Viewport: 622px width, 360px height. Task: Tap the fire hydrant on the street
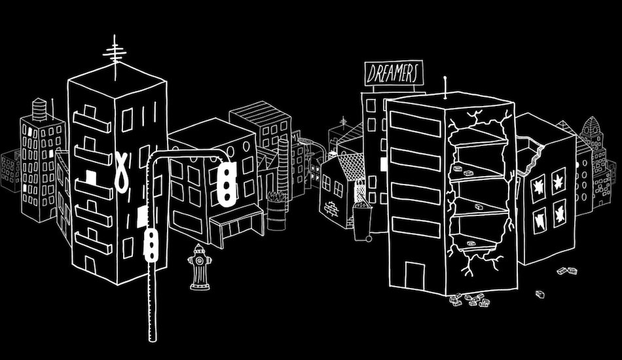coord(199,266)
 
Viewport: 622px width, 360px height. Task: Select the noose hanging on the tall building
coord(122,169)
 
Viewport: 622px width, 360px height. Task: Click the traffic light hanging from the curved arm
coord(227,183)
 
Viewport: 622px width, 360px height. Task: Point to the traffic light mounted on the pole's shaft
coord(152,243)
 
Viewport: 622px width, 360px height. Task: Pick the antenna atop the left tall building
coord(116,56)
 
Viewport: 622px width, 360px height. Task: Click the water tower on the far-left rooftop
coord(41,108)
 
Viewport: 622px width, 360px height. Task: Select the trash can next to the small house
coord(361,221)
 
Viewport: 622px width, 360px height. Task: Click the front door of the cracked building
coord(415,275)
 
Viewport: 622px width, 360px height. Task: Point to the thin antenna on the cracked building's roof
coord(446,88)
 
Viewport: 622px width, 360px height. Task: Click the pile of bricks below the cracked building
coord(471,300)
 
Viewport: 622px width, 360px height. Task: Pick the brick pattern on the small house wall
coord(333,209)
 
